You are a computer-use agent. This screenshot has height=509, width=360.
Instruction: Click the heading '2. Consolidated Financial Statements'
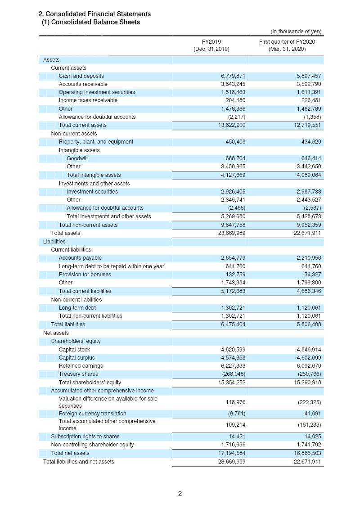[94, 14]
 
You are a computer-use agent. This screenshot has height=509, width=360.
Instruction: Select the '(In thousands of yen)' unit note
[296, 32]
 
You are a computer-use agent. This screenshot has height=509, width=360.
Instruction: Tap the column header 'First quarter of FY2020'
[287, 42]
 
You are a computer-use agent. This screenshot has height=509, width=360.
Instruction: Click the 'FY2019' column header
[211, 42]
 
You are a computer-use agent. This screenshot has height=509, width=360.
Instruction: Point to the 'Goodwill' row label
[77, 158]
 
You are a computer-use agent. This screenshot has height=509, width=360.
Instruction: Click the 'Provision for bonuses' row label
[85, 275]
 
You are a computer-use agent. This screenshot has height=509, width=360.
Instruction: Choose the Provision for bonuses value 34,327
[310, 275]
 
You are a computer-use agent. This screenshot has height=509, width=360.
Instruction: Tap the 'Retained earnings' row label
[81, 366]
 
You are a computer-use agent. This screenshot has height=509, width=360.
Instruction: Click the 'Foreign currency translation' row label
[92, 414]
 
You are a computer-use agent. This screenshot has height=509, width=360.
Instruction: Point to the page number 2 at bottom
[180, 494]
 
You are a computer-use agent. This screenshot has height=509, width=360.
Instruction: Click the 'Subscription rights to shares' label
[85, 437]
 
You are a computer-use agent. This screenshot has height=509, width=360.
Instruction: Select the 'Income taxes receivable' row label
[88, 100]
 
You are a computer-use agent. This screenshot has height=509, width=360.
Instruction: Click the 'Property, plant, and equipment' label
[96, 142]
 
